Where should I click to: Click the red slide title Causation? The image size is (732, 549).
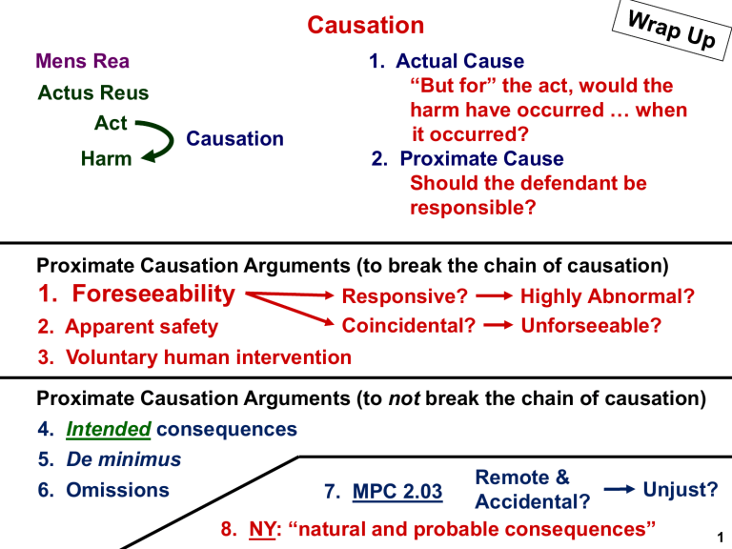pos(366,25)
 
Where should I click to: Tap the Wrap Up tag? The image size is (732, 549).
pos(671,30)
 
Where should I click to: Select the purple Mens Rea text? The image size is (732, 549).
pos(82,61)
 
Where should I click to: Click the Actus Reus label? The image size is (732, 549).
pos(93,92)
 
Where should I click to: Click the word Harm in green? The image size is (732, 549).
pos(106,159)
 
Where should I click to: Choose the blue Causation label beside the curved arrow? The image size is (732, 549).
pos(234,138)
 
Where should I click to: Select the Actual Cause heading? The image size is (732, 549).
pos(459,61)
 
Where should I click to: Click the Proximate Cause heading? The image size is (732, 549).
pos(481,159)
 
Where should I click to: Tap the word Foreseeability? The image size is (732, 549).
pos(153,295)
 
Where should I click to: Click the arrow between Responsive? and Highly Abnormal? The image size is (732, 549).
pos(494,296)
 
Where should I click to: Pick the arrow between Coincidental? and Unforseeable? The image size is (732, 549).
pos(498,325)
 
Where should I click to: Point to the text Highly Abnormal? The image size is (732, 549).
pos(607,296)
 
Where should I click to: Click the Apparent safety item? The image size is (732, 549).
pos(141,327)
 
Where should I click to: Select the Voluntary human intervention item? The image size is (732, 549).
pos(209,357)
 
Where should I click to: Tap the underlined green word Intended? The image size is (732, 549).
pos(109,429)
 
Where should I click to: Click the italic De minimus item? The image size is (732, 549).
pos(124,459)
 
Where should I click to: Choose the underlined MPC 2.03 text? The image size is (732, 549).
pos(397,492)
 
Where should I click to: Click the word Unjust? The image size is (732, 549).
pos(681,490)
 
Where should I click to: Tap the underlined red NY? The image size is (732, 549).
pos(262,529)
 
